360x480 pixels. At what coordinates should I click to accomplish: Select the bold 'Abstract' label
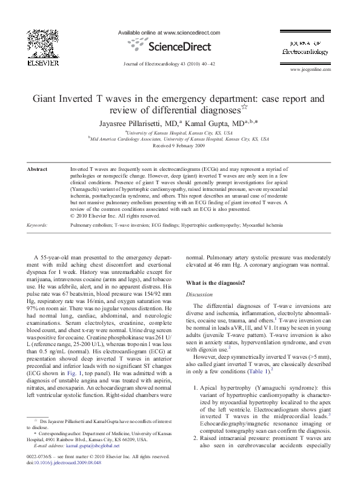pyautogui.click(x=38, y=170)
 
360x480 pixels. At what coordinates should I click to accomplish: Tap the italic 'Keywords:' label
pyautogui.click(x=38, y=224)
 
